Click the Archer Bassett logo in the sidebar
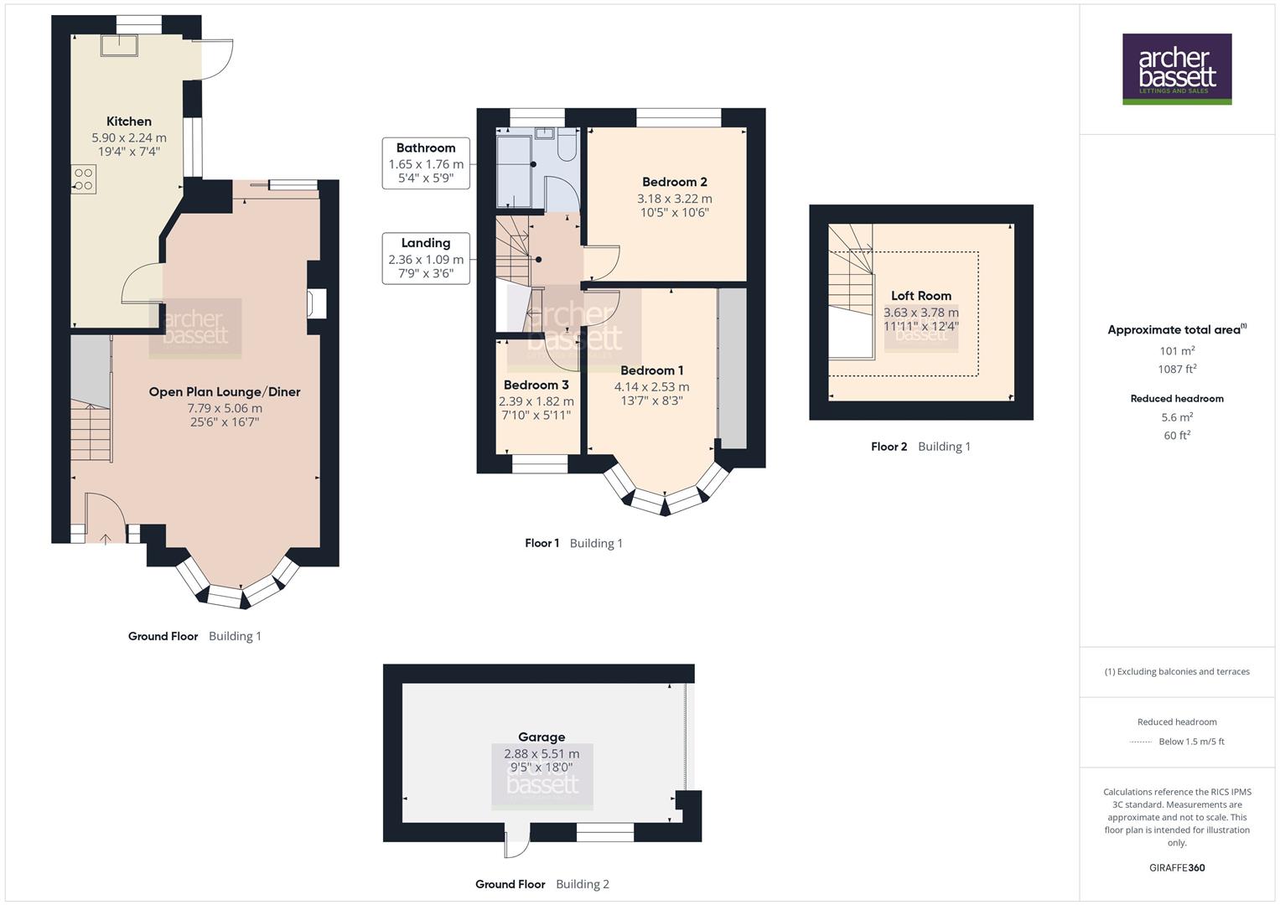1176,69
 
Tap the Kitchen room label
129,122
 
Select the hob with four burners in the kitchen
83,179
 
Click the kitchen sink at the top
118,45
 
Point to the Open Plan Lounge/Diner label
224,391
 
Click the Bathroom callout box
426,163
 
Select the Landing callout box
426,258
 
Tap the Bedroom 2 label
674,182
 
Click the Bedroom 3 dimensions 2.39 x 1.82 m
536,401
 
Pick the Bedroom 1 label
651,370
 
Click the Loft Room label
920,296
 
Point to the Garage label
542,737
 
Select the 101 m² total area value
1177,351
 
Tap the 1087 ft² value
1177,369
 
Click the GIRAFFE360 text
1177,867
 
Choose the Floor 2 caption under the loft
889,447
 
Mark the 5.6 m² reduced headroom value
1177,417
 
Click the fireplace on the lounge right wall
316,303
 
